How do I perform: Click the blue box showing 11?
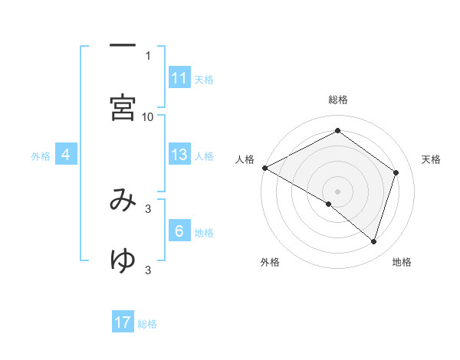point(179,78)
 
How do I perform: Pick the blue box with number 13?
point(179,155)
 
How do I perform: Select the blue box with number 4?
point(66,155)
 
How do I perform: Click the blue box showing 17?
point(123,322)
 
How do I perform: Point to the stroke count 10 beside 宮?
point(148,116)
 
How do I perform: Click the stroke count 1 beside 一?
point(148,55)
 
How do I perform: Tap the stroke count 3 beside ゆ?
point(148,270)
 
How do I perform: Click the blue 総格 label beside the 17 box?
point(147,324)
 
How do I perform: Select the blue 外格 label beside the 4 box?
point(41,155)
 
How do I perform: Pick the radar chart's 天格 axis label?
point(431,159)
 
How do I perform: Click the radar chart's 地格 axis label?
point(402,262)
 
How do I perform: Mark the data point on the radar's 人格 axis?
point(264,168)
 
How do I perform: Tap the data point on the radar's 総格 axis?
point(337,131)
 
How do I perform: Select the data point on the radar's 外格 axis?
point(329,204)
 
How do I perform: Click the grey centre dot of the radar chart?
point(337,191)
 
